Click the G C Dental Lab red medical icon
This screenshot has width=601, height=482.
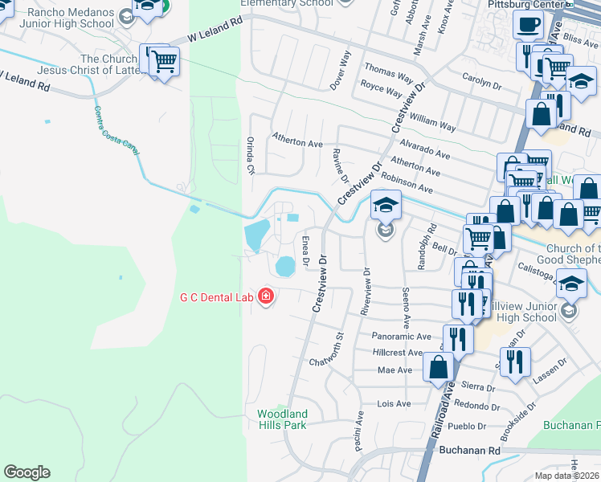coord(265,298)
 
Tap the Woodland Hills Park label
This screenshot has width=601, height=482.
coord(282,419)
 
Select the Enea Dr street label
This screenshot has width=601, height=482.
coord(305,251)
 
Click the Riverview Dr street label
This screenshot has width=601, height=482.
coord(366,291)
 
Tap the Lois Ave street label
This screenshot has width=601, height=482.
coord(394,403)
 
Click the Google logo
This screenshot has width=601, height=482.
coord(27,472)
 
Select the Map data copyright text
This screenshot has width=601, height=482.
coord(566,476)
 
